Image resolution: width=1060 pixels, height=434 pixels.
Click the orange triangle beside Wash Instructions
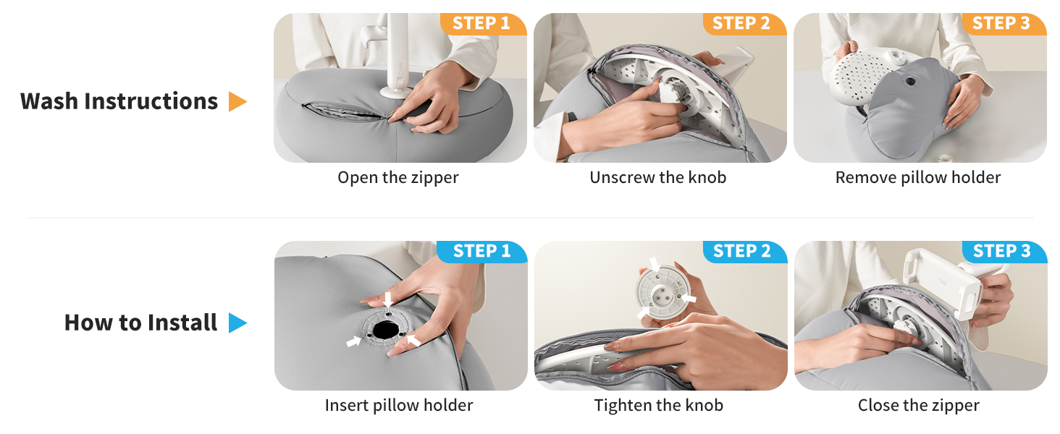coord(237,102)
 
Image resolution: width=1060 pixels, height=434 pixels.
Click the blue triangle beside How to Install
coord(237,323)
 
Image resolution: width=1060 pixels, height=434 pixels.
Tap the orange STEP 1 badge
coord(483,24)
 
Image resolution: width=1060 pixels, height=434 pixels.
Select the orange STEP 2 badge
coord(744,24)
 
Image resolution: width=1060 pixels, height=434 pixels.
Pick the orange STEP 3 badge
coord(1004,24)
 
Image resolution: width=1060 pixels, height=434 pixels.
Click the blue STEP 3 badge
coord(1004,252)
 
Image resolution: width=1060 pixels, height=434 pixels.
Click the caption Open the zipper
coord(398,178)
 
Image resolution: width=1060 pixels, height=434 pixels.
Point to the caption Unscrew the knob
coord(657,177)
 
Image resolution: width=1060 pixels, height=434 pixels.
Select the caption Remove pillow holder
coord(918,177)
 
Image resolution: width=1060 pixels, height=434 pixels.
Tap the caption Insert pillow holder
coord(399,405)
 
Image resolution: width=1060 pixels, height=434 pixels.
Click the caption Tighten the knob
coord(659,406)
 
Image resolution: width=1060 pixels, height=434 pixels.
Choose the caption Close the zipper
coord(919,406)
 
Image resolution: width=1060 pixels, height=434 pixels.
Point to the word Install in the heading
coord(182,323)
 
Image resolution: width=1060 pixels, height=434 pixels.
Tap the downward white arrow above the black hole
coord(388,299)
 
